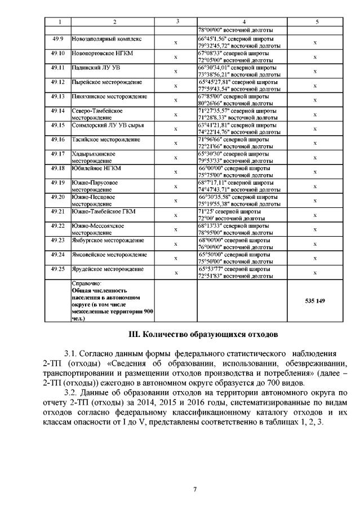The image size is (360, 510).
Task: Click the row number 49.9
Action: [x=58, y=39]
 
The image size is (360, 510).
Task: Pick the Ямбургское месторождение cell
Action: [x=108, y=240]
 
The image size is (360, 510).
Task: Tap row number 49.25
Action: [x=58, y=269]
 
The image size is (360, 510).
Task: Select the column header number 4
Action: [x=243, y=21]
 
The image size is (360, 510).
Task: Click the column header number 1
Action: [x=58, y=21]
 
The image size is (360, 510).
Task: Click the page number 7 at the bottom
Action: [x=194, y=489]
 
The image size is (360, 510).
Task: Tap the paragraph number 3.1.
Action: [x=72, y=353]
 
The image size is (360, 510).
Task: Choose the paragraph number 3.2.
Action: [x=72, y=392]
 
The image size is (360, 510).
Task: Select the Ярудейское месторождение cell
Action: [x=108, y=269]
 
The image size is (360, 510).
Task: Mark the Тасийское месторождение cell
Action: [x=106, y=140]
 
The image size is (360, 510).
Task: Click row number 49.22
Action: [x=58, y=226]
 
